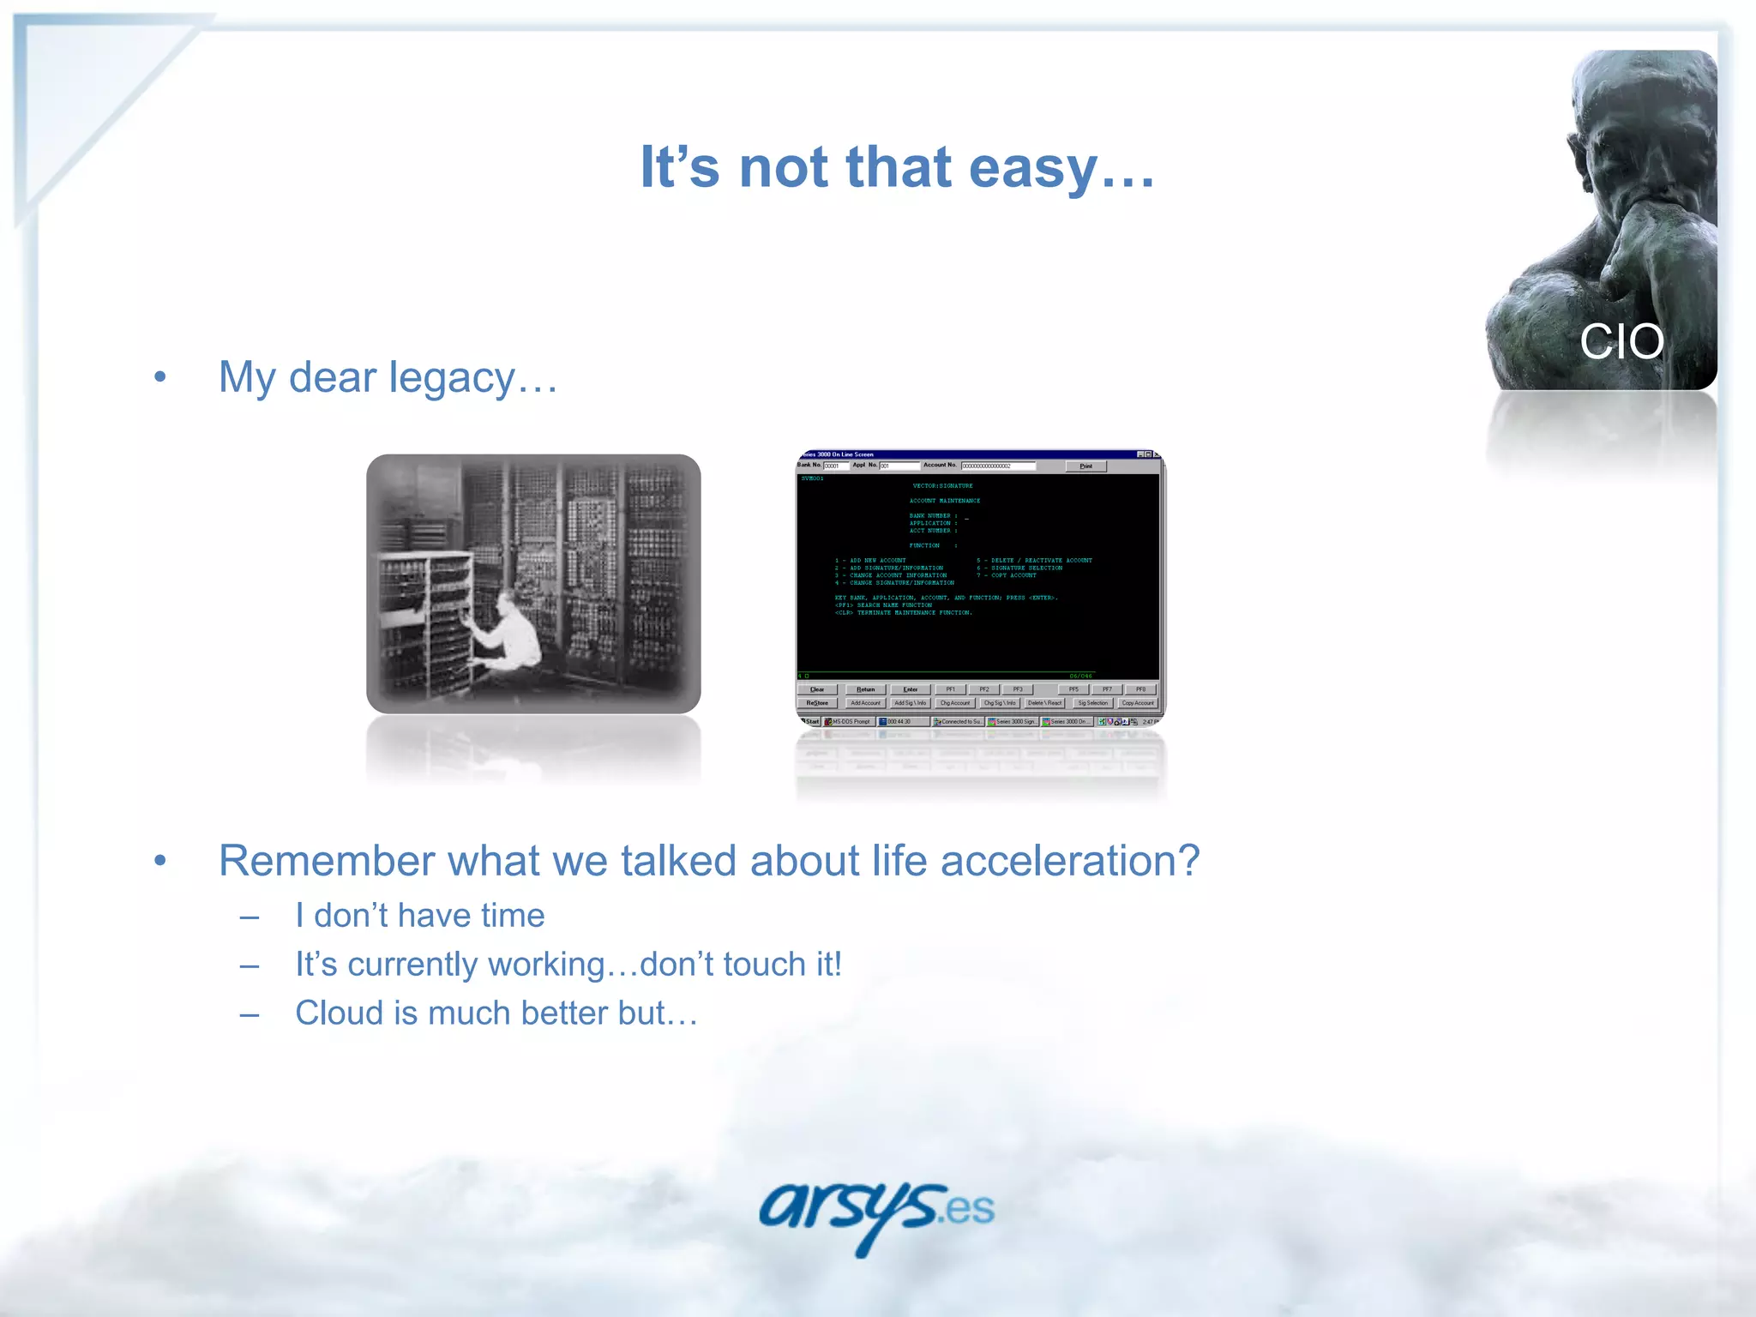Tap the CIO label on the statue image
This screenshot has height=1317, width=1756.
click(x=1621, y=342)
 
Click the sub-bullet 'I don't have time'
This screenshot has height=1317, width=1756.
click(x=419, y=916)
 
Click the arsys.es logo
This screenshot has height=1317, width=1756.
click(x=876, y=1211)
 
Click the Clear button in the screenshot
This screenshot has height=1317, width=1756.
click(x=817, y=689)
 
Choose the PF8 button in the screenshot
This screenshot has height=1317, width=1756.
click(x=1140, y=689)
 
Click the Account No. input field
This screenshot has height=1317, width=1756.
click(x=998, y=466)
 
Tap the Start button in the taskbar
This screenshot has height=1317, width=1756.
click(x=810, y=722)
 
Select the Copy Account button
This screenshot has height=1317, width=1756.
click(x=1138, y=703)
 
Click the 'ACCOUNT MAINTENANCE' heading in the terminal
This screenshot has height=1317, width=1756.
click(x=944, y=501)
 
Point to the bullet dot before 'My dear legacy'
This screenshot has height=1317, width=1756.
click(x=159, y=378)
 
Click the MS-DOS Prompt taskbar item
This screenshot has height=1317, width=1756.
click(x=849, y=722)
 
